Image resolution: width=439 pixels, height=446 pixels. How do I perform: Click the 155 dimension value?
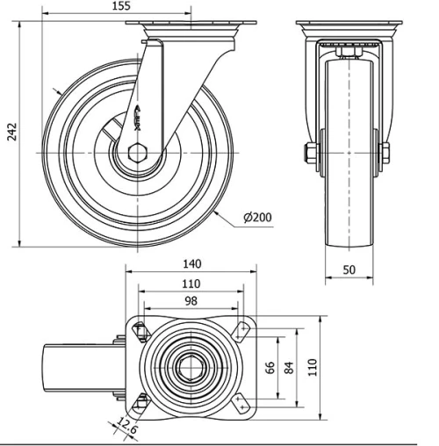tap(121, 6)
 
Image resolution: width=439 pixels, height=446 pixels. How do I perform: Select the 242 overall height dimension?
tap(11, 132)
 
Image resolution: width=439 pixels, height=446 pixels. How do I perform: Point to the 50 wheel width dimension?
tap(349, 270)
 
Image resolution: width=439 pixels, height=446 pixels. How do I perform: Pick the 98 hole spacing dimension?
tap(191, 301)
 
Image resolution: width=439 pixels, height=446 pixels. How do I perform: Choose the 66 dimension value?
tap(271, 365)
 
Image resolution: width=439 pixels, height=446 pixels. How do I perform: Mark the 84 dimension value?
tap(287, 365)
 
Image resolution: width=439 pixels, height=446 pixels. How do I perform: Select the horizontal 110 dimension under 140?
tap(191, 283)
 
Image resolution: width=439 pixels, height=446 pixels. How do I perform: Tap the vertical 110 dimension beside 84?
tap(310, 365)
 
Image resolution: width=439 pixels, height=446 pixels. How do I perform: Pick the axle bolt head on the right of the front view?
tap(385, 155)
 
